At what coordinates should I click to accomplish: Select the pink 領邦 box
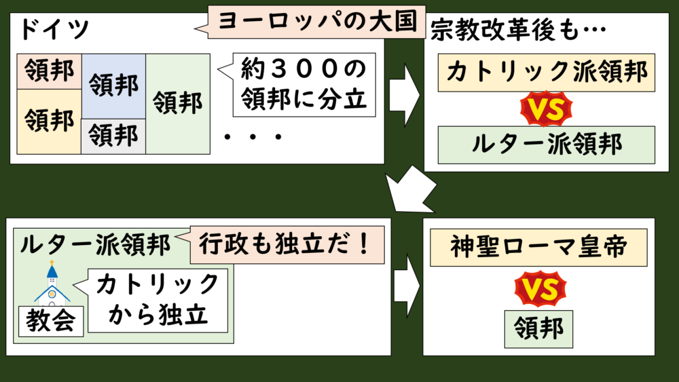(x=49, y=70)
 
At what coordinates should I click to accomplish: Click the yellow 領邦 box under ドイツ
(x=49, y=121)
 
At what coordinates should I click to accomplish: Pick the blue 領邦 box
(x=113, y=86)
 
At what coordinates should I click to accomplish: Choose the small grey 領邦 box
(x=113, y=136)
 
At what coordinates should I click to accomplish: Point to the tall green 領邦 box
(x=178, y=103)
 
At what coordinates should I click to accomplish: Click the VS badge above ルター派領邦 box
(x=547, y=111)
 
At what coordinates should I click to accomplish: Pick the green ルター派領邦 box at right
(x=546, y=145)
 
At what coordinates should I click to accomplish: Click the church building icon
(x=52, y=286)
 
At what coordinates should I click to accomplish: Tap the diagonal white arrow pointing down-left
(x=413, y=190)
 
